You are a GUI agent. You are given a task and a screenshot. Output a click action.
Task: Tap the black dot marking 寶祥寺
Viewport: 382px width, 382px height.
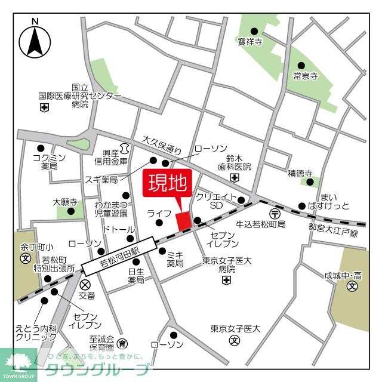pyautogui.click(x=254, y=31)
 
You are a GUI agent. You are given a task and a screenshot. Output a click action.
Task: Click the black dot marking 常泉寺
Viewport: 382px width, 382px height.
pyautogui.click(x=301, y=65)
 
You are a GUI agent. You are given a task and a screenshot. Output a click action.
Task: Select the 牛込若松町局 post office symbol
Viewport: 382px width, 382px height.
pyautogui.click(x=275, y=213)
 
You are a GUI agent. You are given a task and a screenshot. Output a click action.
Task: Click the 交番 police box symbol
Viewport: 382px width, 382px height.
pyautogui.click(x=85, y=285)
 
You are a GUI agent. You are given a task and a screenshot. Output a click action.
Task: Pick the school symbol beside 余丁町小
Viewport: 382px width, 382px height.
pyautogui.click(x=26, y=258)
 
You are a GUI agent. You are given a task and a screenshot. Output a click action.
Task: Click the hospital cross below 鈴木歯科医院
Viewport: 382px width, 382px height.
pyautogui.click(x=235, y=178)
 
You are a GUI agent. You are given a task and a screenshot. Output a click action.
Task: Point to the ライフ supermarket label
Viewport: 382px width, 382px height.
pyautogui.click(x=159, y=212)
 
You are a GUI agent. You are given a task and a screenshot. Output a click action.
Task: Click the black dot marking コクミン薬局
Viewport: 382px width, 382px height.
pyautogui.click(x=41, y=149)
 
